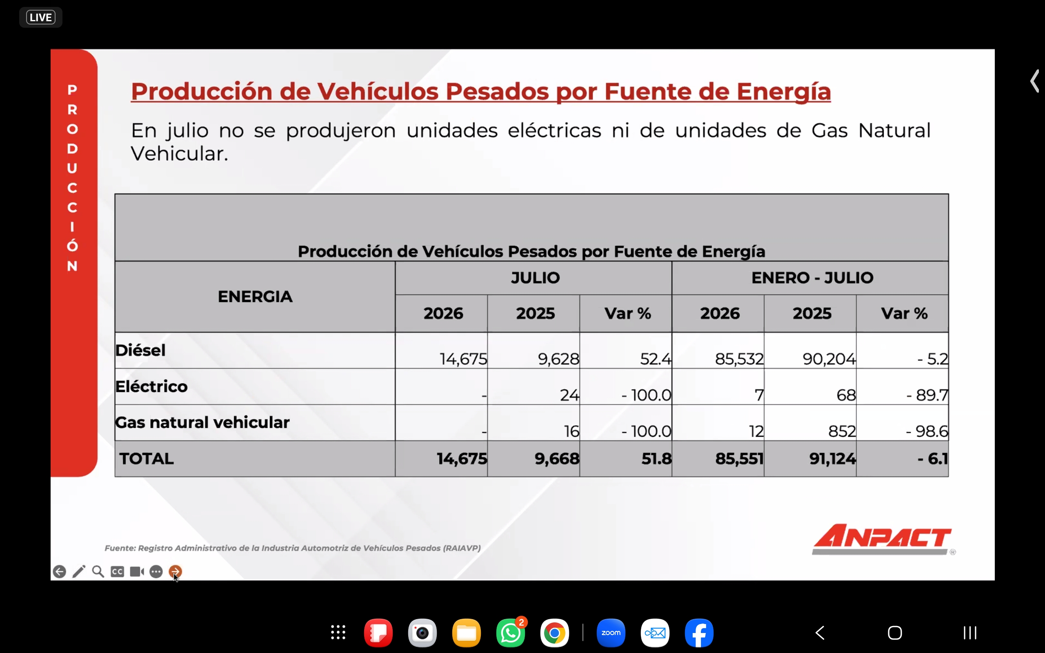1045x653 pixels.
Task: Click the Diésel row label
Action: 140,350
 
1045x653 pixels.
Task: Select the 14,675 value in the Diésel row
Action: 463,359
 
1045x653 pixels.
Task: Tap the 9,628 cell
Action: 558,359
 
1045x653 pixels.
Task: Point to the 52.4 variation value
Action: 656,359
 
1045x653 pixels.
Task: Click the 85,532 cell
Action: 739,359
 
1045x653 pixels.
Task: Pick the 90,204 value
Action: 829,359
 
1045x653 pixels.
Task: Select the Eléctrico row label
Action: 151,386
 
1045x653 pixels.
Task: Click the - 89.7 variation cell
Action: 927,395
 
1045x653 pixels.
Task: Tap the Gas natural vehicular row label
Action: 202,422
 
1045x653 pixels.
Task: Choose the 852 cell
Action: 842,431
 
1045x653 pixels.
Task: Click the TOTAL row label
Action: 147,459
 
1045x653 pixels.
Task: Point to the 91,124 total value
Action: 832,459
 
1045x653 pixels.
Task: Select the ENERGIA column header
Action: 255,297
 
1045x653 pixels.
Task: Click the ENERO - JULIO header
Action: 812,278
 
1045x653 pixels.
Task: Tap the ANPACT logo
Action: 882,539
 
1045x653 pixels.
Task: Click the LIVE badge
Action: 40,17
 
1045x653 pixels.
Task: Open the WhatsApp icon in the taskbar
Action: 510,633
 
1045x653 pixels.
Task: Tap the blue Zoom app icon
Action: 611,633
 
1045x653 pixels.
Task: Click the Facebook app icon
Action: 699,633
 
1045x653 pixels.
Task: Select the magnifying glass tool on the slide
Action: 98,571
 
